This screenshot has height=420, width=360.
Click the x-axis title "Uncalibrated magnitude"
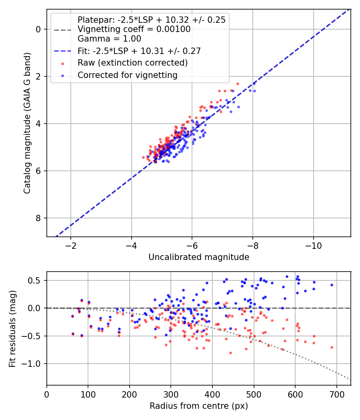click(199, 257)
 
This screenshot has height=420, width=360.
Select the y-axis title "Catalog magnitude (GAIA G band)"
click(27, 123)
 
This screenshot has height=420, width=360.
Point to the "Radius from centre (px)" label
click(199, 406)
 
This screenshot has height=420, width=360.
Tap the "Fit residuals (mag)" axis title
click(12, 329)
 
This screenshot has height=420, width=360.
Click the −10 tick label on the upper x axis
click(313, 246)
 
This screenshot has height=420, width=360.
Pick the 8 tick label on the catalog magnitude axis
click(38, 218)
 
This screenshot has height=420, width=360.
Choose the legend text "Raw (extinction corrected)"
click(132, 63)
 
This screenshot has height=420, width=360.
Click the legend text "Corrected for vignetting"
click(128, 75)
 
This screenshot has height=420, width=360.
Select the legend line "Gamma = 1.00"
click(109, 38)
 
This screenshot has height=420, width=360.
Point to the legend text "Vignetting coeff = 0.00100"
click(134, 29)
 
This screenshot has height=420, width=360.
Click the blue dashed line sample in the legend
click(63, 51)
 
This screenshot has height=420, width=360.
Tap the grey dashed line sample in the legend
click(63, 30)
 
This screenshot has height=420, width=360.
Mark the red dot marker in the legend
click(63, 64)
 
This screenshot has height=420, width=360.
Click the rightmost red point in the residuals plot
click(332, 348)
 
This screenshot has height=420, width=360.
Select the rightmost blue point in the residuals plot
click(332, 285)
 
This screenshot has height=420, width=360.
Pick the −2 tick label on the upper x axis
click(71, 246)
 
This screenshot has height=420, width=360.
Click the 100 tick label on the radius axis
click(88, 394)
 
